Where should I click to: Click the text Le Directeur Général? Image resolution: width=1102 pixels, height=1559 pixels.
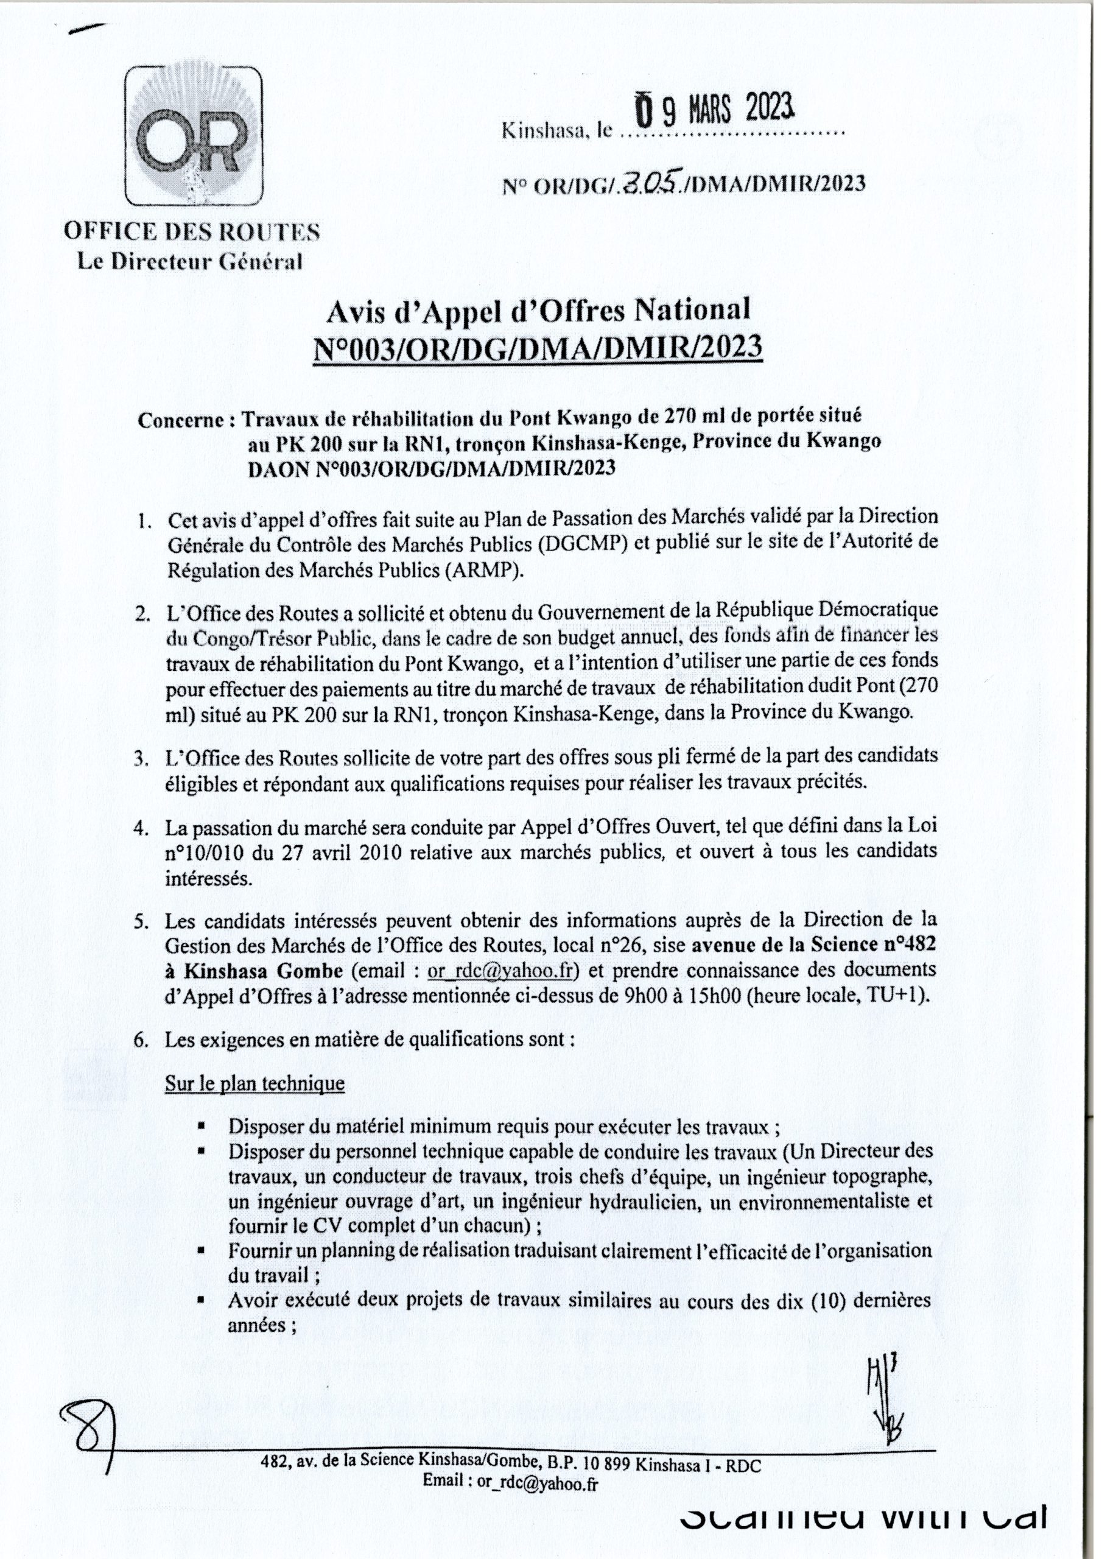point(191,261)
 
